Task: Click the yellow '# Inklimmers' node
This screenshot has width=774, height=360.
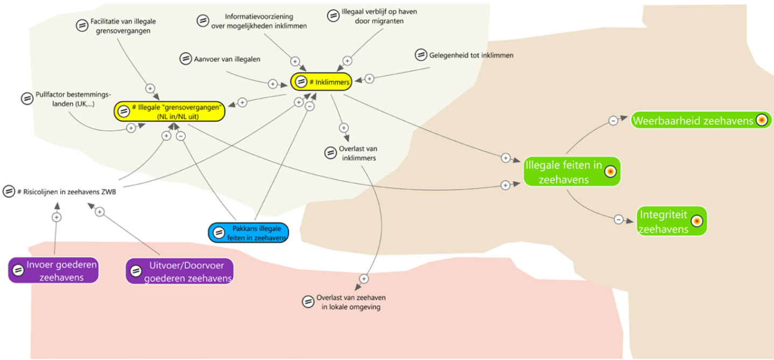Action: pos(321,82)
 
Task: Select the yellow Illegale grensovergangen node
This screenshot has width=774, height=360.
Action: pos(169,111)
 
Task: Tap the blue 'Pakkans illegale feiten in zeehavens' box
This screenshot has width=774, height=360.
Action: pos(248,233)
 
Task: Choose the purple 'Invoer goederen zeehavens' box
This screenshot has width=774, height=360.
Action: pos(54,271)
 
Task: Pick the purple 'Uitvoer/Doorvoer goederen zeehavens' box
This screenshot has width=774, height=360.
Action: pos(180,271)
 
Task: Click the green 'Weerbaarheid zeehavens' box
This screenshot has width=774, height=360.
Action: pos(701,121)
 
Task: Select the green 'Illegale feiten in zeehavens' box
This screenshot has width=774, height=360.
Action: pos(572,172)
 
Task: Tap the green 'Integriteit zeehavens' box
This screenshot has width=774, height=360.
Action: pos(672,221)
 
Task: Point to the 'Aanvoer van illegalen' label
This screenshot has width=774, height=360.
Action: pos(227,59)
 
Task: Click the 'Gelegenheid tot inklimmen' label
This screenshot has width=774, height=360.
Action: pos(471,55)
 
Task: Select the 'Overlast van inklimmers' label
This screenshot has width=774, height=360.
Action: pos(358,153)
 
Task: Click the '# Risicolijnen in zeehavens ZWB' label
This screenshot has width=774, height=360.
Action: pos(67,192)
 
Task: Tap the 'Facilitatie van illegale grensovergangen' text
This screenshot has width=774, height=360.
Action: pos(123,26)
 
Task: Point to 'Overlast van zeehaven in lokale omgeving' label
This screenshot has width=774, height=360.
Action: pos(351,302)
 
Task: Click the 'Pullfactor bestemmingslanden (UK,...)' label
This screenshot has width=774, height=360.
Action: pos(73,99)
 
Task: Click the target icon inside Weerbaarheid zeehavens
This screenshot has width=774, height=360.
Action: pos(762,120)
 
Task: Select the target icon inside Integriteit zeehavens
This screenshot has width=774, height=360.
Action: pos(697,221)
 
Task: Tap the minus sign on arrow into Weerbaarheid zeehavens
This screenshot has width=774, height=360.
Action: pos(613,121)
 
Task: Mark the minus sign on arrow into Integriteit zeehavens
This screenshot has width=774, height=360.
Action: pos(619,219)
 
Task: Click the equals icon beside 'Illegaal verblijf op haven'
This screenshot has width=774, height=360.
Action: pos(333,15)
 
